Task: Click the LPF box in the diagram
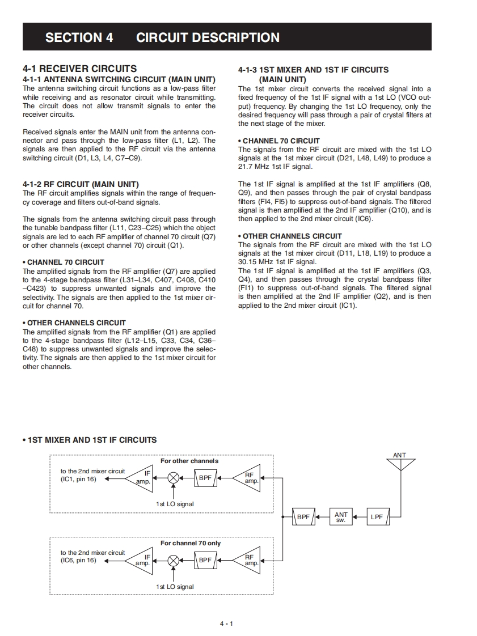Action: pos(377,517)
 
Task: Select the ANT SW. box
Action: pos(341,517)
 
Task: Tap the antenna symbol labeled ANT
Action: pos(400,464)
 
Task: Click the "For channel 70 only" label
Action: pos(191,543)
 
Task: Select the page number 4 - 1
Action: pos(227,624)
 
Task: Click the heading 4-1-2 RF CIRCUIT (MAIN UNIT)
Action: pos(81,184)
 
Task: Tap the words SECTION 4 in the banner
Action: pos(79,37)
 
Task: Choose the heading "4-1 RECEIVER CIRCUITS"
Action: pos(79,69)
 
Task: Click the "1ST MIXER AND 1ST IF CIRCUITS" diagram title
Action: pos(92,440)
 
